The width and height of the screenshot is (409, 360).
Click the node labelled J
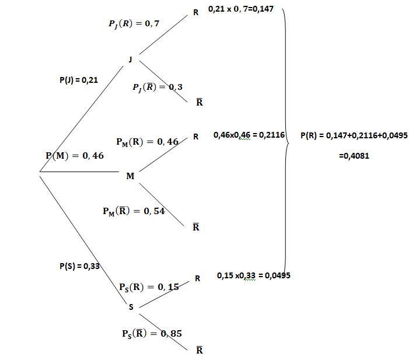[131, 60]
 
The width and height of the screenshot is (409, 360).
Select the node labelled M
[130, 176]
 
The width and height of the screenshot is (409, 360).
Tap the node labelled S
[131, 307]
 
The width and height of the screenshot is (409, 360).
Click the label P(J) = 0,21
[79, 80]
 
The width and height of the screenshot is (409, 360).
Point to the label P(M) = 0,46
[75, 155]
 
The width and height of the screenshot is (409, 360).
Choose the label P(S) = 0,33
[79, 266]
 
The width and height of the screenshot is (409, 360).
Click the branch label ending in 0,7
[134, 24]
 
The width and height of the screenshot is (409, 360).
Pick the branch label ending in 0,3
[158, 88]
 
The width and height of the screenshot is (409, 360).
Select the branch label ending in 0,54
[134, 211]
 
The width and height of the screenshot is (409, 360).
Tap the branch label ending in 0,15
[149, 287]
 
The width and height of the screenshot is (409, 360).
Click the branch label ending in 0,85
[152, 334]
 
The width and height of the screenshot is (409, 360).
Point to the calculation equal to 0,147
[241, 9]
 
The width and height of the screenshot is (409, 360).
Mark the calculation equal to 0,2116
[249, 135]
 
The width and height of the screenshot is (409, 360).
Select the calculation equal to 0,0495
[254, 275]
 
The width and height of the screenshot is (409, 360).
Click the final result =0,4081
[354, 156]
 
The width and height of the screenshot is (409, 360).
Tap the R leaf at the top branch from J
[195, 12]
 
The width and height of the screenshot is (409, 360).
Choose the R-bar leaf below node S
[200, 350]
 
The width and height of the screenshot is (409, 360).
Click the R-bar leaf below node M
[196, 227]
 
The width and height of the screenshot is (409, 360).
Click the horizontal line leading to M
[79, 172]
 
